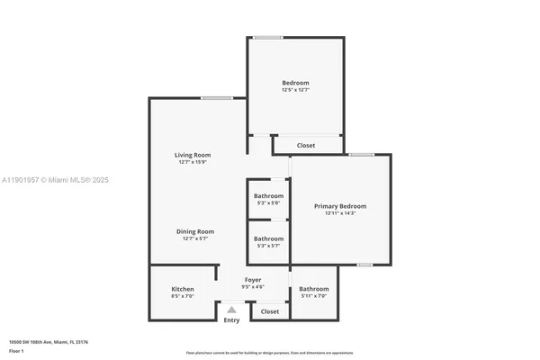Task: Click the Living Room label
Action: point(192,156)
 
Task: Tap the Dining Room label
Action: point(195,231)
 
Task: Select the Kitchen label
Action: point(183,289)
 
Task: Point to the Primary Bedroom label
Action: point(340,206)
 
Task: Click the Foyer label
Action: point(253,280)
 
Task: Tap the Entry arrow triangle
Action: point(231,310)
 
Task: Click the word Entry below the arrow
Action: point(231,320)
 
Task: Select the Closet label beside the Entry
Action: point(269,311)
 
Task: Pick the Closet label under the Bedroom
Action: point(306,145)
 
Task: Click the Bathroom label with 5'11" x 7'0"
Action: point(314,289)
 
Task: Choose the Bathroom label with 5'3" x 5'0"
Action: point(268,196)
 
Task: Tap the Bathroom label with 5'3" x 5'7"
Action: point(268,238)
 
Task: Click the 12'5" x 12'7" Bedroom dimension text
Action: point(295,90)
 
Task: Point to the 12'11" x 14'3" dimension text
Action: point(340,213)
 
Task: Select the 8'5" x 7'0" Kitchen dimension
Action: point(183,296)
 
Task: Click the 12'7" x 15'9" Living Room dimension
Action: point(192,163)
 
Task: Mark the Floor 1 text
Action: point(16,351)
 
